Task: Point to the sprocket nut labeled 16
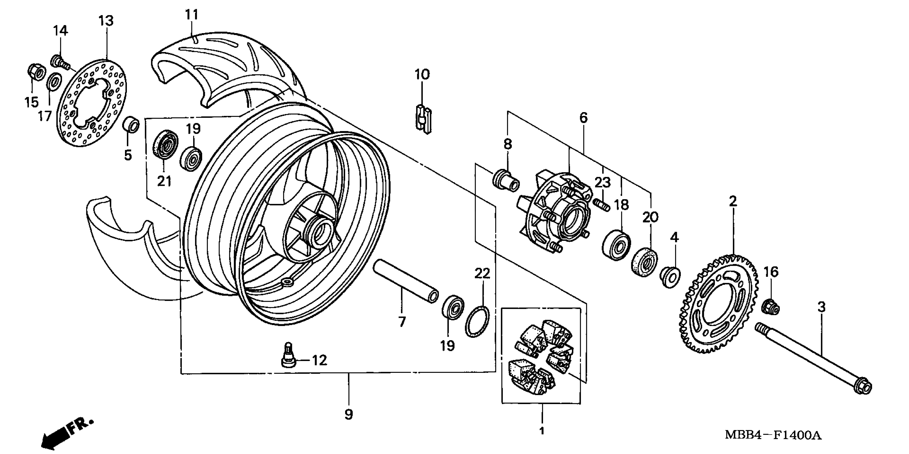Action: pyautogui.click(x=770, y=307)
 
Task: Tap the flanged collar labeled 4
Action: pyautogui.click(x=669, y=277)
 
